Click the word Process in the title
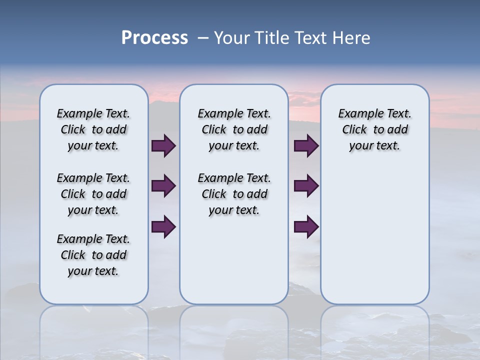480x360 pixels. pyautogui.click(x=154, y=38)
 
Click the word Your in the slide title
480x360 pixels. pyautogui.click(x=232, y=38)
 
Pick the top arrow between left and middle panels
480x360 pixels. pyautogui.click(x=163, y=145)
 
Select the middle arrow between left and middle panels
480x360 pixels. pyautogui.click(x=163, y=186)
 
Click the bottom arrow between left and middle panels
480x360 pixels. pyautogui.click(x=163, y=226)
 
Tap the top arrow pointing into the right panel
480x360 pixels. pyautogui.click(x=306, y=145)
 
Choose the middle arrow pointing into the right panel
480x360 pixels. pyautogui.click(x=306, y=186)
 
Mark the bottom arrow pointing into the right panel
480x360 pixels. pyautogui.click(x=306, y=226)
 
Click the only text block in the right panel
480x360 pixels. pyautogui.click(x=374, y=129)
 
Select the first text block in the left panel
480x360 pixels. pyautogui.click(x=93, y=129)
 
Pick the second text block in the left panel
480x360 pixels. pyautogui.click(x=93, y=194)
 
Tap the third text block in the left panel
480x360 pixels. pyautogui.click(x=93, y=255)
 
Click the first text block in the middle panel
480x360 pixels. pyautogui.click(x=234, y=129)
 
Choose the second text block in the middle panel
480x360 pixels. pyautogui.click(x=234, y=194)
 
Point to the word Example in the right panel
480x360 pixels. pyautogui.click(x=357, y=114)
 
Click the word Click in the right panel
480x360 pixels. pyautogui.click(x=354, y=130)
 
